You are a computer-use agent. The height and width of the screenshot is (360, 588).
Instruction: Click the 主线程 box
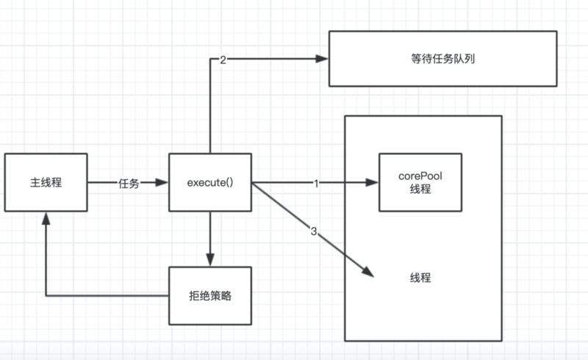click(46, 182)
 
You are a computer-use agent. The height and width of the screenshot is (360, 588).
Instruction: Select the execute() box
click(210, 182)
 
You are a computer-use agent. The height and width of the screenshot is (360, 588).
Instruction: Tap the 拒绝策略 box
click(210, 295)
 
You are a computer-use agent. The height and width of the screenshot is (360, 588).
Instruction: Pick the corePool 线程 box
click(420, 182)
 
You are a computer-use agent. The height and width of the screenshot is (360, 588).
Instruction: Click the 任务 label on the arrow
click(129, 183)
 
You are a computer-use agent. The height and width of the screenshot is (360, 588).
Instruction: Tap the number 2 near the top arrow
click(223, 60)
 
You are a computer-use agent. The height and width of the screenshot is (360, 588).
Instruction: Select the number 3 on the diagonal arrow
click(314, 232)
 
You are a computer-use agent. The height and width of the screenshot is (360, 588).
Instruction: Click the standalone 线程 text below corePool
click(420, 278)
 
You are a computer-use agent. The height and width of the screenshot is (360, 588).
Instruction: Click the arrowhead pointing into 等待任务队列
click(321, 59)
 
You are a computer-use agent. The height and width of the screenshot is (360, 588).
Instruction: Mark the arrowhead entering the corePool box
click(372, 182)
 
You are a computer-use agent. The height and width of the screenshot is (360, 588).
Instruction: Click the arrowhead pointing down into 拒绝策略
click(210, 260)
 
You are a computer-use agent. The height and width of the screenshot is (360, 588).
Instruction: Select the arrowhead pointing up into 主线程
click(46, 218)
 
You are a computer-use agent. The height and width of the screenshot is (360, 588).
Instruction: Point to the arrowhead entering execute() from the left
click(163, 182)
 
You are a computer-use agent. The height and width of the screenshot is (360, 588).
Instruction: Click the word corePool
click(420, 176)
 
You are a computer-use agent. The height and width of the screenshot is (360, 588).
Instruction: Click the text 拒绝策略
click(210, 295)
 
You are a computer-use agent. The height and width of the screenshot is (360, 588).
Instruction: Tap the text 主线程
click(46, 182)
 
